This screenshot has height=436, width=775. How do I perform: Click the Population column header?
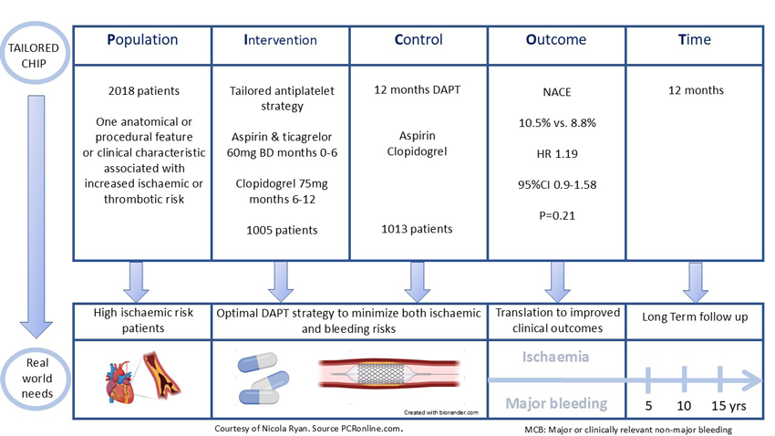click(142, 41)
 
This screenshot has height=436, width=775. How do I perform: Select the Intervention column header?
click(280, 41)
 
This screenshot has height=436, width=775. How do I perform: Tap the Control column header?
click(418, 41)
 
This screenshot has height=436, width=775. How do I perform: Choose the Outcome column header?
click(555, 41)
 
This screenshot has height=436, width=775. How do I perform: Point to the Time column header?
click(694, 41)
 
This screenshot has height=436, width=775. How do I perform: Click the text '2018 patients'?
click(142, 90)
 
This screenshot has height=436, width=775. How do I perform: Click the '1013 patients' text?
click(418, 229)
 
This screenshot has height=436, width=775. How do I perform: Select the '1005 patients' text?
click(281, 230)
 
